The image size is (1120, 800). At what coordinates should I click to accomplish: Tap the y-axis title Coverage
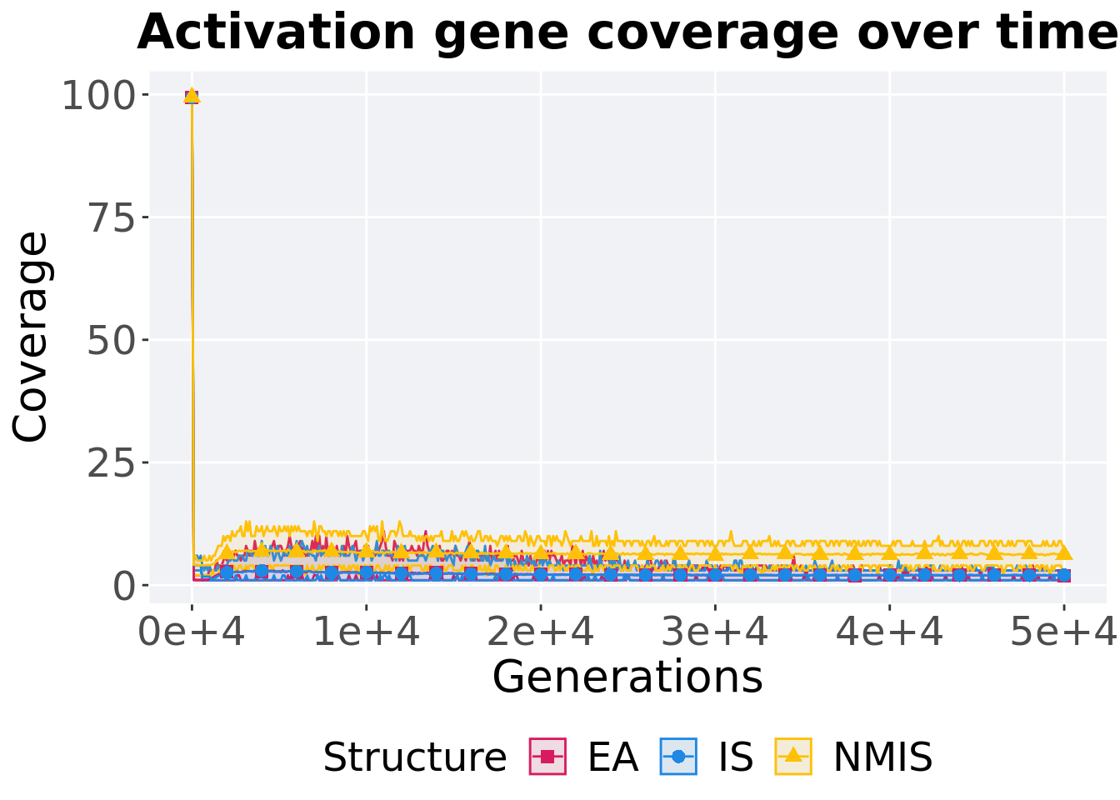pyautogui.click(x=32, y=337)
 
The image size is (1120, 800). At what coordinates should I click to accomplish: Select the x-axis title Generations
pyautogui.click(x=627, y=677)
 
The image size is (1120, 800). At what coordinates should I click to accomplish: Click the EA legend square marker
pyautogui.click(x=547, y=757)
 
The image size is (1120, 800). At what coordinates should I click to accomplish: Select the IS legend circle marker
pyautogui.click(x=678, y=757)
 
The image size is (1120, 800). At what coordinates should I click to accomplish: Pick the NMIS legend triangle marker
pyautogui.click(x=793, y=757)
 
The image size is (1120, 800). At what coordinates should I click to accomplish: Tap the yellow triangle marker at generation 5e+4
pyautogui.click(x=1063, y=552)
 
